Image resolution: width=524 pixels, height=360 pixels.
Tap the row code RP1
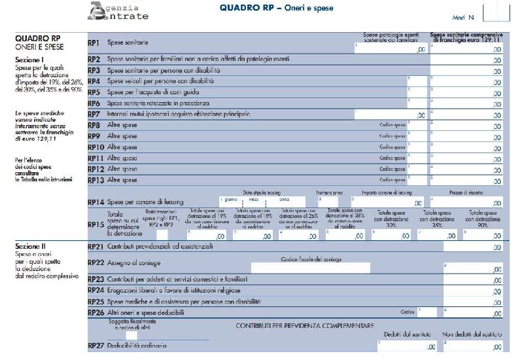coord(94,43)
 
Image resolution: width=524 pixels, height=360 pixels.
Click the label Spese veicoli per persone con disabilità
coord(160,81)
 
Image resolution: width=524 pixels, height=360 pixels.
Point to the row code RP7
coord(94,115)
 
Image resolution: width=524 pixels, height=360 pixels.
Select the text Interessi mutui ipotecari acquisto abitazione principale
coord(179,115)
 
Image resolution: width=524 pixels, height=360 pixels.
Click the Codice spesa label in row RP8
coord(393,125)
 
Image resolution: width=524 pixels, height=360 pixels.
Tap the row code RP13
coord(95,180)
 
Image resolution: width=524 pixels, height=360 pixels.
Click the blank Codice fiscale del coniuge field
coord(310,268)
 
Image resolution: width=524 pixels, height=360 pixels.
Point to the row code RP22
coord(96,263)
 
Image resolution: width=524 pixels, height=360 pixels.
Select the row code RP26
coord(96,313)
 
